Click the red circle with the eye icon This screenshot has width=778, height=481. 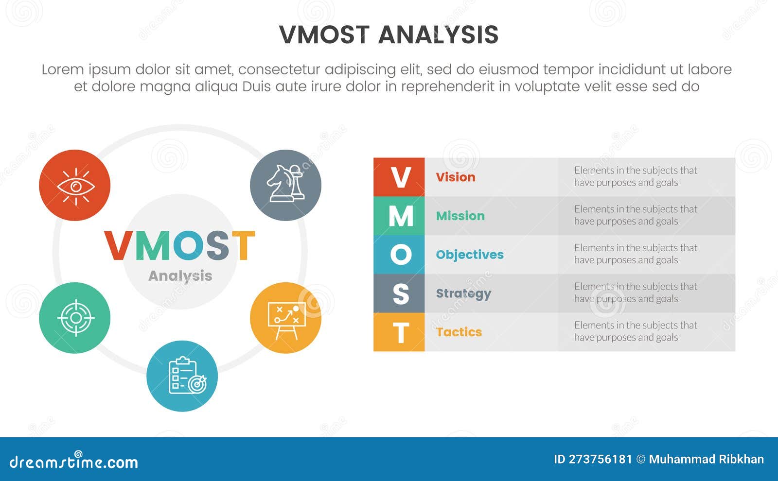pyautogui.click(x=74, y=185)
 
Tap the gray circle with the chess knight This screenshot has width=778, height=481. pyautogui.click(x=285, y=185)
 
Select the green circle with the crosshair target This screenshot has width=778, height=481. pyautogui.click(x=74, y=318)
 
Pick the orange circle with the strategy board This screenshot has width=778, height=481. pyautogui.click(x=285, y=318)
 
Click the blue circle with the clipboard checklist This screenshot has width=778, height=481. pyautogui.click(x=182, y=376)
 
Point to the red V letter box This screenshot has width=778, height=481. pyautogui.click(x=399, y=177)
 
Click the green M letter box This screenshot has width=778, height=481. pyautogui.click(x=399, y=216)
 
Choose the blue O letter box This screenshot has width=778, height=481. pyautogui.click(x=399, y=255)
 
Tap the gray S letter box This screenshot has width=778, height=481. pyautogui.click(x=399, y=293)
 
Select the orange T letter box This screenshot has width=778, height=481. pyautogui.click(x=399, y=332)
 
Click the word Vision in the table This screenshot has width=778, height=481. pyautogui.click(x=455, y=177)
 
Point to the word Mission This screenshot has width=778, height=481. pyautogui.click(x=460, y=216)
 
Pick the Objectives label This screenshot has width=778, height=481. pyautogui.click(x=469, y=255)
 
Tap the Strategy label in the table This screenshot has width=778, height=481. pyautogui.click(x=463, y=293)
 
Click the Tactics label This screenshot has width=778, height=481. pyautogui.click(x=459, y=332)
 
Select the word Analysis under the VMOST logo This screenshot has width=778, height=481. pyautogui.click(x=180, y=275)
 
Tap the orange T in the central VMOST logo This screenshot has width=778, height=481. pyautogui.click(x=243, y=246)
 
